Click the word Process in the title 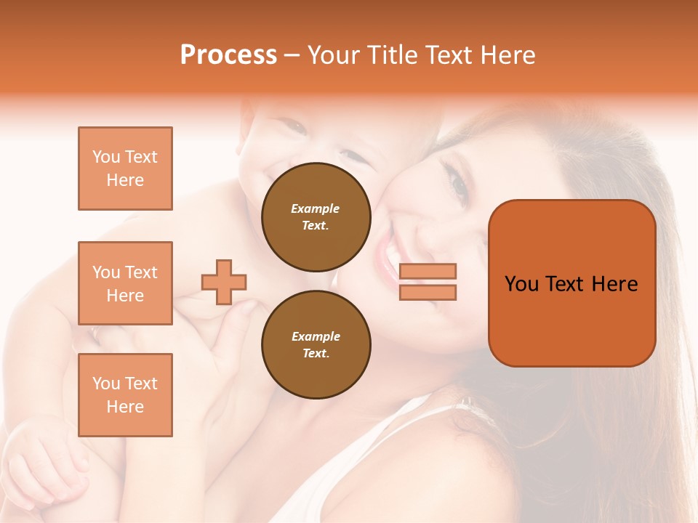tap(228, 55)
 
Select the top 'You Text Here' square tap(125, 169)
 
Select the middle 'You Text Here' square tap(125, 283)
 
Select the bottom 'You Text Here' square tap(125, 395)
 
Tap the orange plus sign tap(224, 282)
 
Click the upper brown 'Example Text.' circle tap(316, 216)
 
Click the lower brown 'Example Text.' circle tap(316, 344)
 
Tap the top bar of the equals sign tap(428, 272)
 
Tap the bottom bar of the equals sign tap(428, 292)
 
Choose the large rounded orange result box tap(571, 283)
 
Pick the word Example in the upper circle tap(316, 208)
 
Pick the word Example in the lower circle tap(316, 336)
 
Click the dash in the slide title tap(292, 56)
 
